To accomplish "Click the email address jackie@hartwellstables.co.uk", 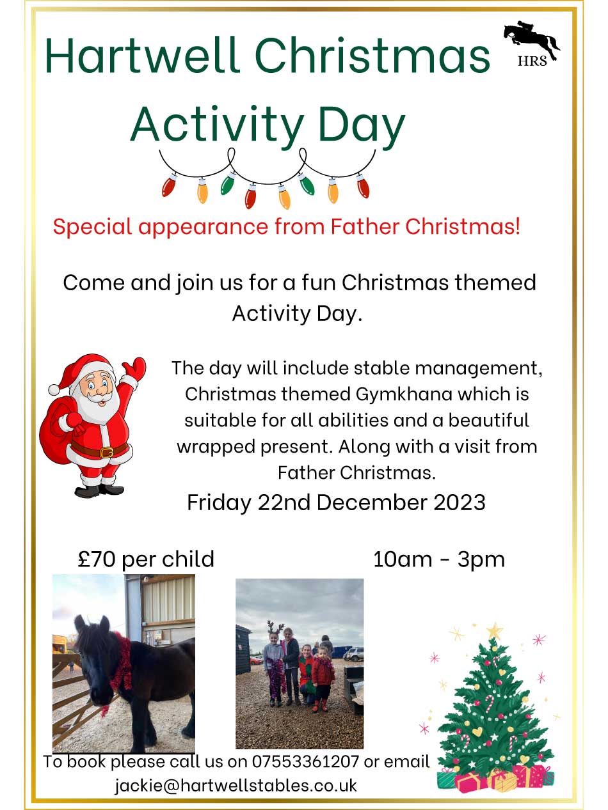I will tap(236, 784).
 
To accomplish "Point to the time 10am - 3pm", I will tap(438, 559).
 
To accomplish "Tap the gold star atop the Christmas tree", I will tap(493, 630).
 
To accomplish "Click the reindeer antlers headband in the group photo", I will tap(275, 628).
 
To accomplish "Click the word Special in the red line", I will tap(92, 226).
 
